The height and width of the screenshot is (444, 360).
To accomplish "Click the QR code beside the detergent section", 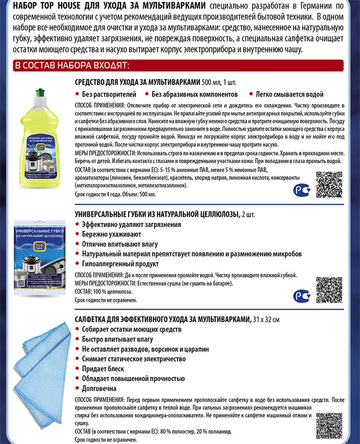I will click(329, 184).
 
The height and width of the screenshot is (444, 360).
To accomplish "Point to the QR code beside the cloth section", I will click(329, 425).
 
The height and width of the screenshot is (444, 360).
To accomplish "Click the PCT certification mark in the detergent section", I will click(302, 190).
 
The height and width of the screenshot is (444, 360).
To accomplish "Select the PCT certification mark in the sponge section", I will click(302, 295).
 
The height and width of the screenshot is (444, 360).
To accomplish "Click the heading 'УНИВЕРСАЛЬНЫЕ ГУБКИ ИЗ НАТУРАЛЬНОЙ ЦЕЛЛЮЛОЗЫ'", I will click(158, 214).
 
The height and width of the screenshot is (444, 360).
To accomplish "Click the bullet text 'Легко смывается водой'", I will click(289, 94).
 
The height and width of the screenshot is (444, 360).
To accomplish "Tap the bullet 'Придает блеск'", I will click(103, 369).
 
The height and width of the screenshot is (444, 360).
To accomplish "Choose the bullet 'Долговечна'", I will click(100, 388).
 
